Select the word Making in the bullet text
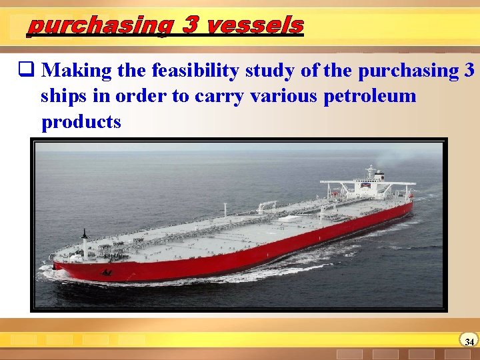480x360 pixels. (77, 70)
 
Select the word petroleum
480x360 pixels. (369, 96)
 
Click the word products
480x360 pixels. (81, 122)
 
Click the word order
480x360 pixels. (141, 96)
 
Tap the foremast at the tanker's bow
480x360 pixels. (85, 237)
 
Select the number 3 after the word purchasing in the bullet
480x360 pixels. (469, 70)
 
